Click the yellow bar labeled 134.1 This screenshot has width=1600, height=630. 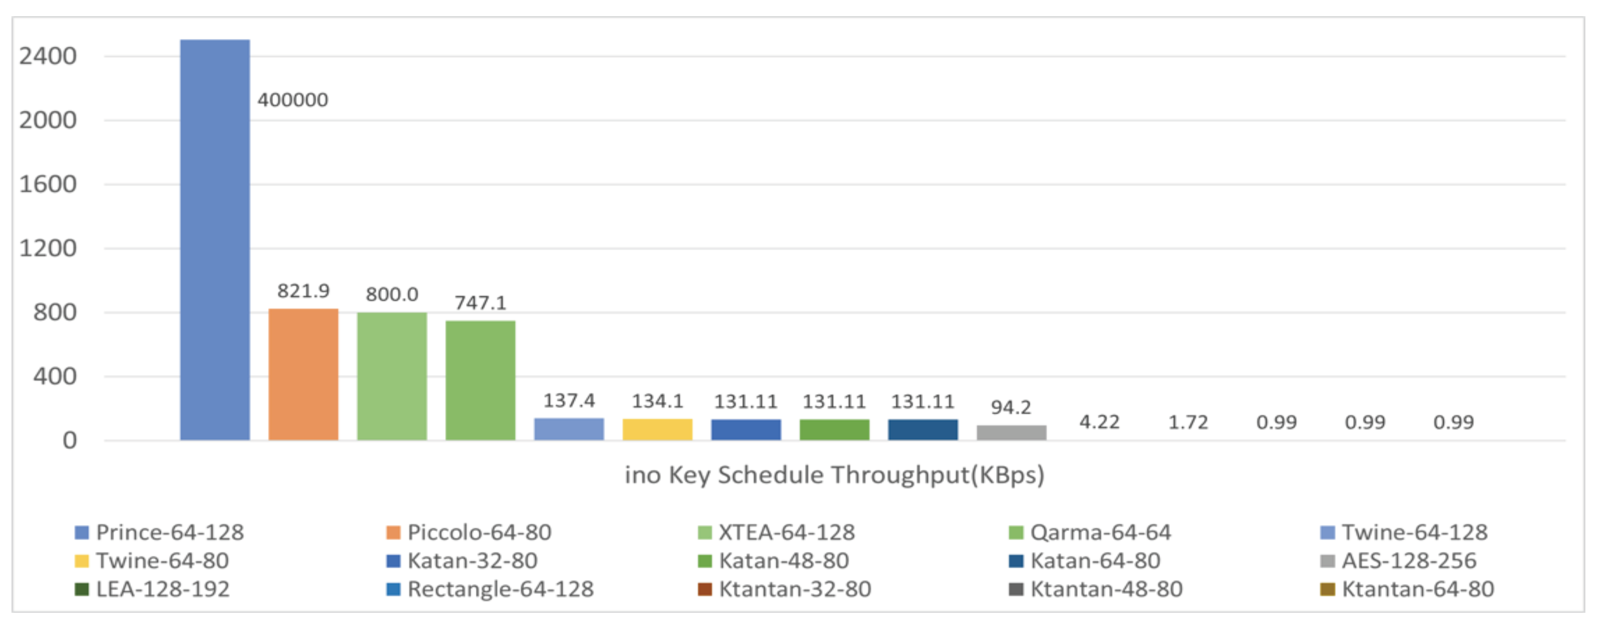click(x=657, y=429)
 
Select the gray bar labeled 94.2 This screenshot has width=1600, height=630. click(x=1011, y=432)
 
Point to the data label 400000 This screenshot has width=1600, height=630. click(x=292, y=100)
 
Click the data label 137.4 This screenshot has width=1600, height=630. click(x=569, y=401)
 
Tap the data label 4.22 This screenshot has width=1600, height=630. click(x=1099, y=422)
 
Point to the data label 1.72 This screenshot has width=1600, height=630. click(x=1188, y=422)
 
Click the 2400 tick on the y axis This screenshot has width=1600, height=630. click(x=48, y=56)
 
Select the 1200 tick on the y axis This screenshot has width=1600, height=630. click(x=48, y=249)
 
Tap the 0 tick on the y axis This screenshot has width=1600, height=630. click(x=69, y=441)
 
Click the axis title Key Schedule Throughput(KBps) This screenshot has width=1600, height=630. click(x=834, y=475)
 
